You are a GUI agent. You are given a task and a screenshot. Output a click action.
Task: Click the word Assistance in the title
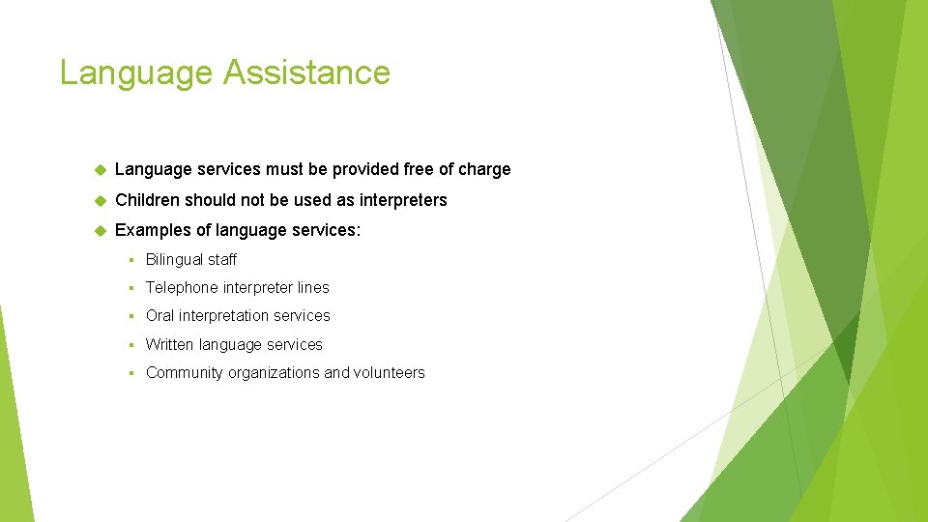tap(307, 72)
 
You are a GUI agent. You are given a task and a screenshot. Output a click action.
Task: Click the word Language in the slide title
tap(136, 73)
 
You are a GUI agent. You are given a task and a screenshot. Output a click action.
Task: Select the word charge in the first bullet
tap(484, 170)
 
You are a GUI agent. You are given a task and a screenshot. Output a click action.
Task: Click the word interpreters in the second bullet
tap(403, 201)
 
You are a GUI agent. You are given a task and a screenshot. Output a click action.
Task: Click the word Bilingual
tap(175, 260)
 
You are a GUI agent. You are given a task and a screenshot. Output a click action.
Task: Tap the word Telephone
tap(182, 288)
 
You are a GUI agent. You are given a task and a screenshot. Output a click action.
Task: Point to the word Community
tap(184, 373)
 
